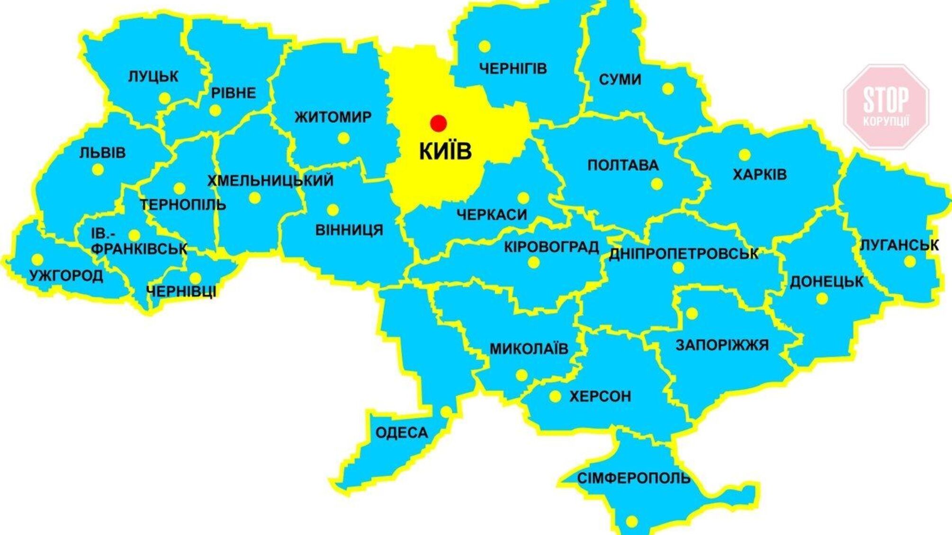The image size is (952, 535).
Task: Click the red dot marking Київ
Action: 438,123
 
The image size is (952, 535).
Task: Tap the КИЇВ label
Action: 445,152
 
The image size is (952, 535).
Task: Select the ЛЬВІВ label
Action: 102,153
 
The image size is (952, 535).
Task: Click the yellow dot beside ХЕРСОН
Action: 555,396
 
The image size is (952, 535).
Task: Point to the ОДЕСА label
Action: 402,432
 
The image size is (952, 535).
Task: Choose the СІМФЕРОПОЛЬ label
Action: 634,478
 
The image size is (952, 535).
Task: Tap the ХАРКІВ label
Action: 760,175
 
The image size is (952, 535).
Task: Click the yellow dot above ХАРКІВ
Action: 745,155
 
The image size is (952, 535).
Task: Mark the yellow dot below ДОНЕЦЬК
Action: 822,299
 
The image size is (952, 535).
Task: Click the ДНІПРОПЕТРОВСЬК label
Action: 683,254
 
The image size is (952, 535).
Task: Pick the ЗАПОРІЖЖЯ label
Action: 722,345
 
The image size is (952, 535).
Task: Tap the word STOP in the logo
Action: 886,99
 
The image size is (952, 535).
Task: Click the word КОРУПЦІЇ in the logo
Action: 886,121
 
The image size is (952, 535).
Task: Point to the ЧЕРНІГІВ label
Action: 513,69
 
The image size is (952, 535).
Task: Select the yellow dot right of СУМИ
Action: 668,89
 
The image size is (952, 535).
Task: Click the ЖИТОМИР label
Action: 333,117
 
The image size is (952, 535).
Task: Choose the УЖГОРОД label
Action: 66,276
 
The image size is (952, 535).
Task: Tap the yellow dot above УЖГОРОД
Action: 37,259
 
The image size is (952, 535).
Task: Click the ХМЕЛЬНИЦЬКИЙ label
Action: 270,180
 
